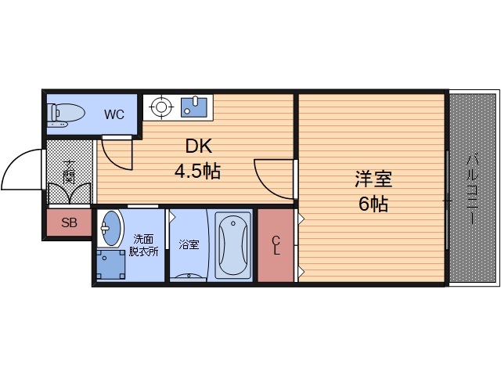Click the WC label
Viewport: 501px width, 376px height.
[x=114, y=114]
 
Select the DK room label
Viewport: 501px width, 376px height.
[x=199, y=146]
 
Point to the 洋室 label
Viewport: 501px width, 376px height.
[x=373, y=179]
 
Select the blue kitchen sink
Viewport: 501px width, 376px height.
[x=195, y=105]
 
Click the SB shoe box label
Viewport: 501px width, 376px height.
[x=70, y=223]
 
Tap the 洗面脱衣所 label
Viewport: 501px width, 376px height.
[x=143, y=246]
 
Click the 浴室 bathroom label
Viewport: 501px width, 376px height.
[x=189, y=244]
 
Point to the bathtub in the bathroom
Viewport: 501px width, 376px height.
[x=233, y=244]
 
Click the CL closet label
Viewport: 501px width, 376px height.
[x=276, y=245]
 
